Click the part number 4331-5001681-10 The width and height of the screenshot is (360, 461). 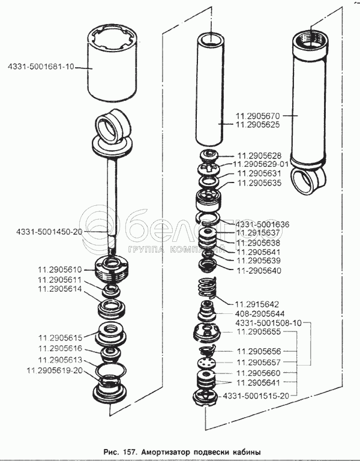click(x=41, y=67)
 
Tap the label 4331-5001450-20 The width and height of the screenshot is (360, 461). click(x=49, y=232)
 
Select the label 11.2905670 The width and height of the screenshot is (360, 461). click(x=258, y=115)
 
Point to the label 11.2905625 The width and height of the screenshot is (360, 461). click(x=258, y=125)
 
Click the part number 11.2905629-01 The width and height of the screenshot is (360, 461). click(x=261, y=164)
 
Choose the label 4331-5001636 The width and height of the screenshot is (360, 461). click(x=262, y=224)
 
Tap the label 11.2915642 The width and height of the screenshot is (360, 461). click(x=257, y=304)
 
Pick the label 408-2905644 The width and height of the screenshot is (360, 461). click(x=260, y=313)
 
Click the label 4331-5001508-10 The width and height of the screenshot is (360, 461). click(x=268, y=323)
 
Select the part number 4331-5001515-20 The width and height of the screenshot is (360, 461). click(x=256, y=396)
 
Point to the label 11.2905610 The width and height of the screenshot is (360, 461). click(x=59, y=270)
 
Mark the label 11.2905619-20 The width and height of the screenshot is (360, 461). click(x=55, y=370)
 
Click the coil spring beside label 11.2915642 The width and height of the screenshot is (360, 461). click(x=206, y=288)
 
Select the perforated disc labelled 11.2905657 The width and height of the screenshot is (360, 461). click(x=207, y=363)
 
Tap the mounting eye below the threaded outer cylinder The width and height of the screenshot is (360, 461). click(x=307, y=180)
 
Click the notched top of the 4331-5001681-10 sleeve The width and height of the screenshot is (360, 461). click(x=112, y=37)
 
